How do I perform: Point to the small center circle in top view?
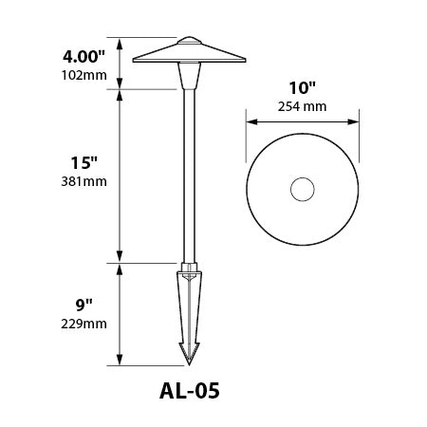click(x=302, y=190)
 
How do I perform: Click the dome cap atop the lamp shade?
click(x=190, y=41)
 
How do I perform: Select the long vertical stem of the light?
click(x=190, y=171)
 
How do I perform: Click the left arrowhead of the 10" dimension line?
click(x=250, y=121)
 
